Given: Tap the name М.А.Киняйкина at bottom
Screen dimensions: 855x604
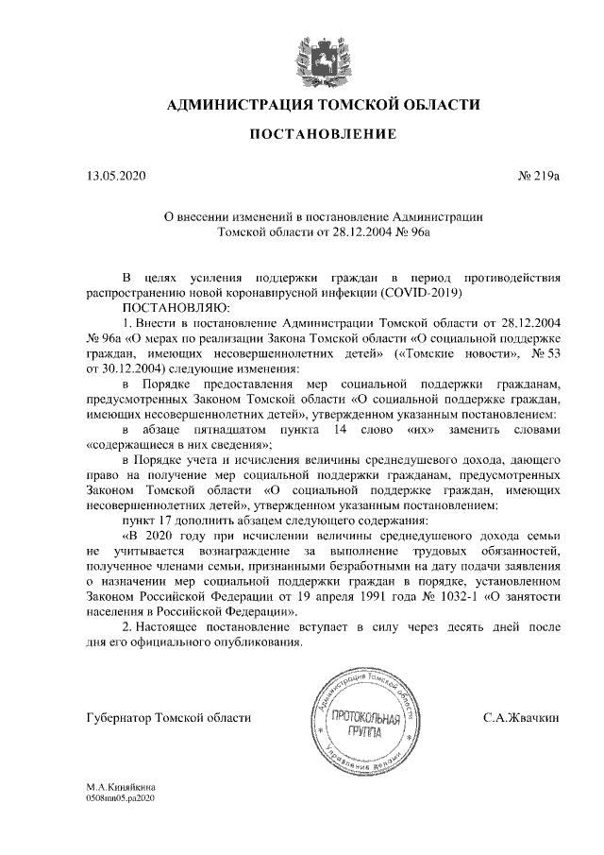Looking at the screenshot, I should pos(122,786).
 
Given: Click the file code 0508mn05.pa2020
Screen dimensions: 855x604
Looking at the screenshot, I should pos(119,797).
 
